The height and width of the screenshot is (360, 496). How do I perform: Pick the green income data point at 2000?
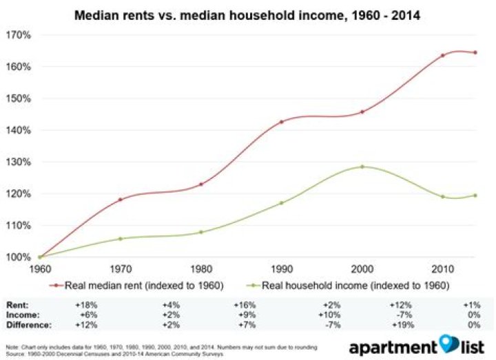[362, 167]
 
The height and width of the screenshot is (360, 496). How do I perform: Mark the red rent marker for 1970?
[121, 200]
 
